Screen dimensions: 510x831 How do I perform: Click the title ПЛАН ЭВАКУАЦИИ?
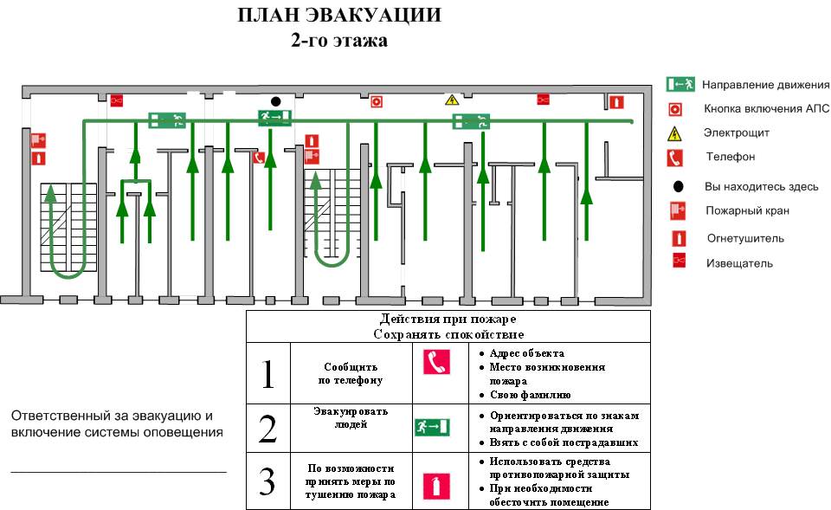coord(338,16)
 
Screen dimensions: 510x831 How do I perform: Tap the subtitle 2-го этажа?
coord(339,40)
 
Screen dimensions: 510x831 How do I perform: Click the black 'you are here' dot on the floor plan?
coord(275,100)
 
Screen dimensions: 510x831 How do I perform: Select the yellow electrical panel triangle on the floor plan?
coord(451,100)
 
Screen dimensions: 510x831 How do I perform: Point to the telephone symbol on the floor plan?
coord(258,158)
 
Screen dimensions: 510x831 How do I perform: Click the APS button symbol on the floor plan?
coord(377,101)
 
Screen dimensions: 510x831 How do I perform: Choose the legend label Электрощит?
coord(737,133)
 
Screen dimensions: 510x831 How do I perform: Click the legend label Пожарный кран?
coord(747,210)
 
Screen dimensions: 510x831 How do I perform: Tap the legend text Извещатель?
coord(739,263)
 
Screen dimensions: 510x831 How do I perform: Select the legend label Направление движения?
coord(765,85)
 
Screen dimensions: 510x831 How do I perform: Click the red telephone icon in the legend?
coord(675,158)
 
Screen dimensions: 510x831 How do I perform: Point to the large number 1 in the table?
coord(267,373)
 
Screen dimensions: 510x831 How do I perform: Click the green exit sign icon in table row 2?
coord(432,426)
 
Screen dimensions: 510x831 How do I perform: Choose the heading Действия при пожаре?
coord(448,319)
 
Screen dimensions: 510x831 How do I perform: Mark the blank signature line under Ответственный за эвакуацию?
coord(119,470)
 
